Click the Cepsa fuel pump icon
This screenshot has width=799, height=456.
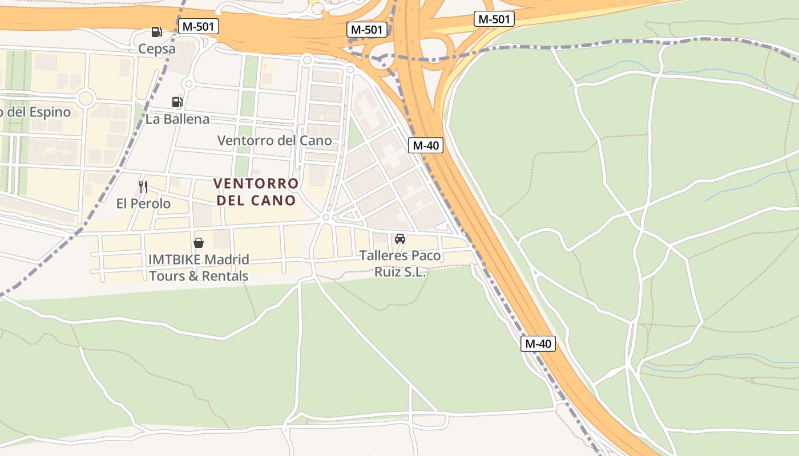tap(156, 32)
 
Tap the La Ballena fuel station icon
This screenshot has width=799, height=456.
tap(177, 102)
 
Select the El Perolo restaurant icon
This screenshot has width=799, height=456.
tap(143, 186)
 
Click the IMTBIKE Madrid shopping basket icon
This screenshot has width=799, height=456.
tap(199, 243)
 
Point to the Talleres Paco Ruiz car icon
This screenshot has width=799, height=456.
tap(400, 239)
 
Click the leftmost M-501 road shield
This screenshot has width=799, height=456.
tap(199, 26)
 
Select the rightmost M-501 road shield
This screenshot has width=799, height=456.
tap(494, 19)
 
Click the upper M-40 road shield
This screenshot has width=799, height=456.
tap(426, 145)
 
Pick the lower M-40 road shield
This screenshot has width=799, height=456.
tap(538, 344)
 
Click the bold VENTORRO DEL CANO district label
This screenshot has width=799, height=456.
tap(256, 192)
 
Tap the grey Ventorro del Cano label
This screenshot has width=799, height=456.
tap(275, 140)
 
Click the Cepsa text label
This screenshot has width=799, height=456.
tap(157, 49)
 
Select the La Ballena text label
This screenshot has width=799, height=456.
tap(177, 119)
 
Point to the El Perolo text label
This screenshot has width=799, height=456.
tap(143, 203)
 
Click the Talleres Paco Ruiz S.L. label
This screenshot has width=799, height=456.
tap(400, 264)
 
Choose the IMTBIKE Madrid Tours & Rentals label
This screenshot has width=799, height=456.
tap(199, 268)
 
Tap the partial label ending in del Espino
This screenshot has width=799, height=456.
tap(35, 112)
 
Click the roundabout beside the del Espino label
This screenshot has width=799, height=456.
tap(86, 99)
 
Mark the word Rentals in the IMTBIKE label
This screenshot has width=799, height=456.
tap(226, 276)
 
